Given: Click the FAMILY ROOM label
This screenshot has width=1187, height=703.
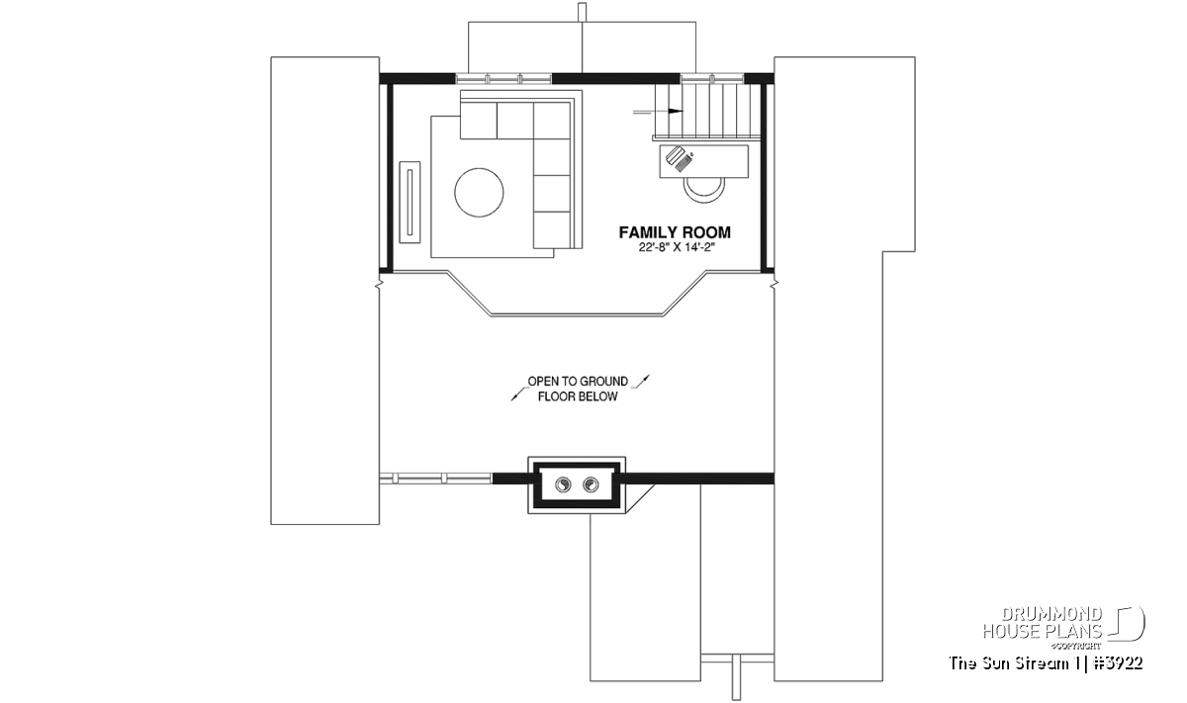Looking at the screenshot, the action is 675,232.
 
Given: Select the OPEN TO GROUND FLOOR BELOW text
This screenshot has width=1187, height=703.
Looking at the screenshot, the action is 578,389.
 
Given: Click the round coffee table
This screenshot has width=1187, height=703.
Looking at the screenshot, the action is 479,192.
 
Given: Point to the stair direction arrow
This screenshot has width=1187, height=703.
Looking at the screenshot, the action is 658,112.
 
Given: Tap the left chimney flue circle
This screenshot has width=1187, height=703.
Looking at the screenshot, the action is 563,484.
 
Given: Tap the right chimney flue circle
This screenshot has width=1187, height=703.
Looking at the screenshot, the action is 591,484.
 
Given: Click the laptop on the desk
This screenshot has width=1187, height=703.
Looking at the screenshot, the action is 680,158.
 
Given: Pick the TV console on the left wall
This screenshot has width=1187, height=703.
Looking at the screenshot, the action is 410,203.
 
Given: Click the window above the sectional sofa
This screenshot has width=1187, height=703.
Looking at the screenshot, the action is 503,79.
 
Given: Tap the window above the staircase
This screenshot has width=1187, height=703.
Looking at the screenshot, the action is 712,79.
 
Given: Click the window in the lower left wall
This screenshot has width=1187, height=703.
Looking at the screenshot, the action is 436,479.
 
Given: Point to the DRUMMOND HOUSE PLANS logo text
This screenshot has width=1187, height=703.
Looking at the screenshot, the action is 1043,623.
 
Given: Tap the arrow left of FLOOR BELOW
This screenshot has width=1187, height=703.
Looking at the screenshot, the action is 519,394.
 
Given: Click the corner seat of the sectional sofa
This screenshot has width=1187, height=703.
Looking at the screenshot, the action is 552,121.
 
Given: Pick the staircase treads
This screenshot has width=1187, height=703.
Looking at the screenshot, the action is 707,110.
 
